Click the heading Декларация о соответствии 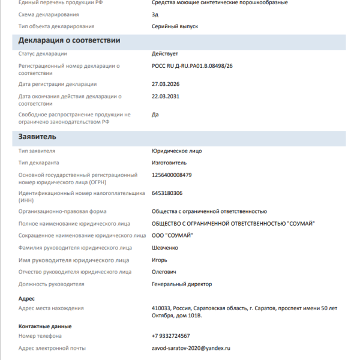(70, 40)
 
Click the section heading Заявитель (37, 136)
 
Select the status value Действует (165, 54)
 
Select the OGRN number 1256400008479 (172, 175)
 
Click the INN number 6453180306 (167, 193)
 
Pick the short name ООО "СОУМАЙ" (173, 235)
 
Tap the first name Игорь (160, 260)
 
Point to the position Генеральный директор (182, 284)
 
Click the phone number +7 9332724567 (171, 336)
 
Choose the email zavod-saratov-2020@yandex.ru (191, 348)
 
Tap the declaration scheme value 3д (155, 14)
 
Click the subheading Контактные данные (45, 326)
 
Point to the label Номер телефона (44, 336)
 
